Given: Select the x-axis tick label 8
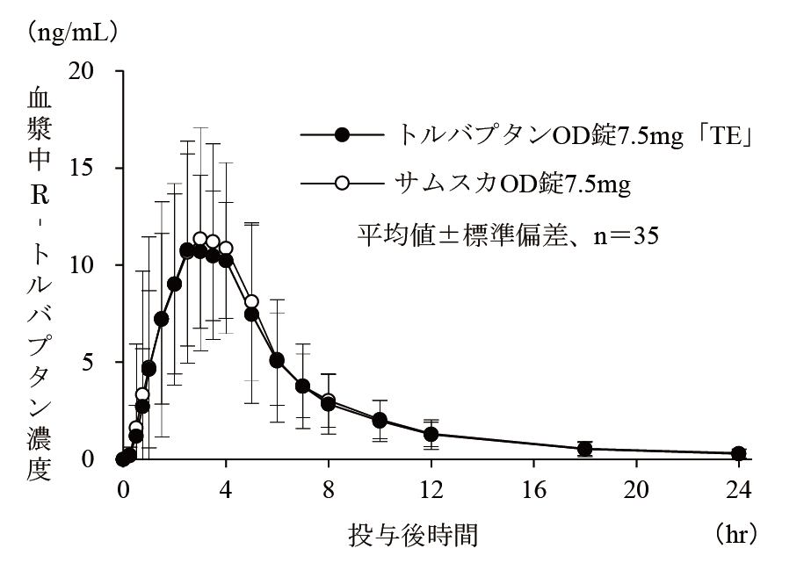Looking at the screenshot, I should [329, 488].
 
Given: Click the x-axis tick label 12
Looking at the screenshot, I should [431, 488].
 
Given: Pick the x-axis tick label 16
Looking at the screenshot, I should [533, 488].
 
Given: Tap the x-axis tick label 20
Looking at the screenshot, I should [636, 488].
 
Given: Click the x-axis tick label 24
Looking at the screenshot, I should [738, 488].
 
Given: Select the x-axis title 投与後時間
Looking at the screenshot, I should [414, 533].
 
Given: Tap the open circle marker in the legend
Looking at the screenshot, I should [343, 184].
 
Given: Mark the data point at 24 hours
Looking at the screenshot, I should [739, 453].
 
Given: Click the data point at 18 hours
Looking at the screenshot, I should [584, 449].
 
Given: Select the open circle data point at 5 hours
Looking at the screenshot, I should [251, 302].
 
